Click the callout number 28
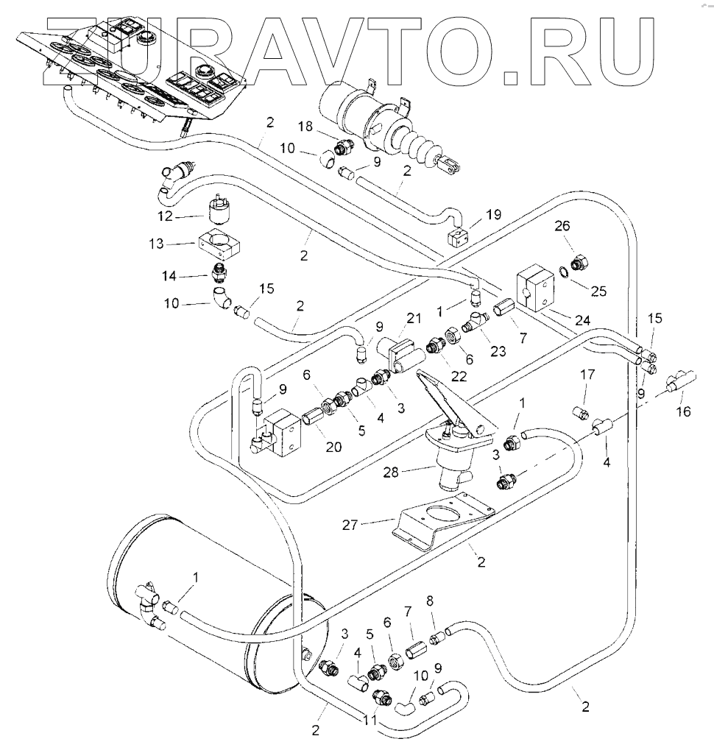coord(391,473)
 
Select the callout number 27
coord(350,526)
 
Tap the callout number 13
coord(156,244)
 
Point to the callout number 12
coord(165,216)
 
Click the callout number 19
coord(493,214)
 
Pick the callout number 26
coord(562,226)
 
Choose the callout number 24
coord(582,320)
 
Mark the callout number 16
coord(684,411)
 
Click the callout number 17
coord(587,374)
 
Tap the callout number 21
coord(414,318)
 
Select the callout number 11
coord(371,720)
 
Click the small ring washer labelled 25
coord(564,272)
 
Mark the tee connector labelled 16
coord(680,382)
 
